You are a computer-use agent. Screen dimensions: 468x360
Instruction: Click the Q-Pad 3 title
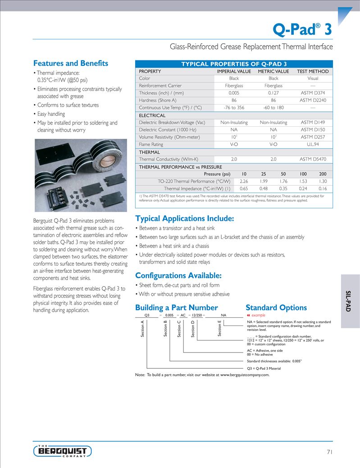(302, 29)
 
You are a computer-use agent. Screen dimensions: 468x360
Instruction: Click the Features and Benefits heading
(71, 63)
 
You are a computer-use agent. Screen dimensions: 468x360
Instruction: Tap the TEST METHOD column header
(313, 71)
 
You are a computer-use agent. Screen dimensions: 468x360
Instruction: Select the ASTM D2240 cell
(313, 100)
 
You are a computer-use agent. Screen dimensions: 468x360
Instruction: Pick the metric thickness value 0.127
(273, 93)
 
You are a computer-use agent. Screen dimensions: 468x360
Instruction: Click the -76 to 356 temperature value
(234, 107)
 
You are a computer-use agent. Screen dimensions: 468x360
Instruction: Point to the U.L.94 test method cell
(313, 144)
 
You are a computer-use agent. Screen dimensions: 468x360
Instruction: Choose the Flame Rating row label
(151, 144)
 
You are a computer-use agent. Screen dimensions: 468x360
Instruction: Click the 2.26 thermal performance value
(244, 181)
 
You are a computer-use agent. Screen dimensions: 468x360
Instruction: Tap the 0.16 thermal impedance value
(323, 188)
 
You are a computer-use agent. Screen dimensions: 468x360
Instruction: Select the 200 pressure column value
(323, 174)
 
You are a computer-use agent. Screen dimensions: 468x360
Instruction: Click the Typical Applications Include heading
(184, 219)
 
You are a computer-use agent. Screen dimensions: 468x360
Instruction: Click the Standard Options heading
(276, 307)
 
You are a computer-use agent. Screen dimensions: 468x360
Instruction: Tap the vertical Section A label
(143, 328)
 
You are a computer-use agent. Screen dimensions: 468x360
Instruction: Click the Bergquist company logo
(63, 451)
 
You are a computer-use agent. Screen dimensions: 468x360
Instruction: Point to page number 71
(328, 452)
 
